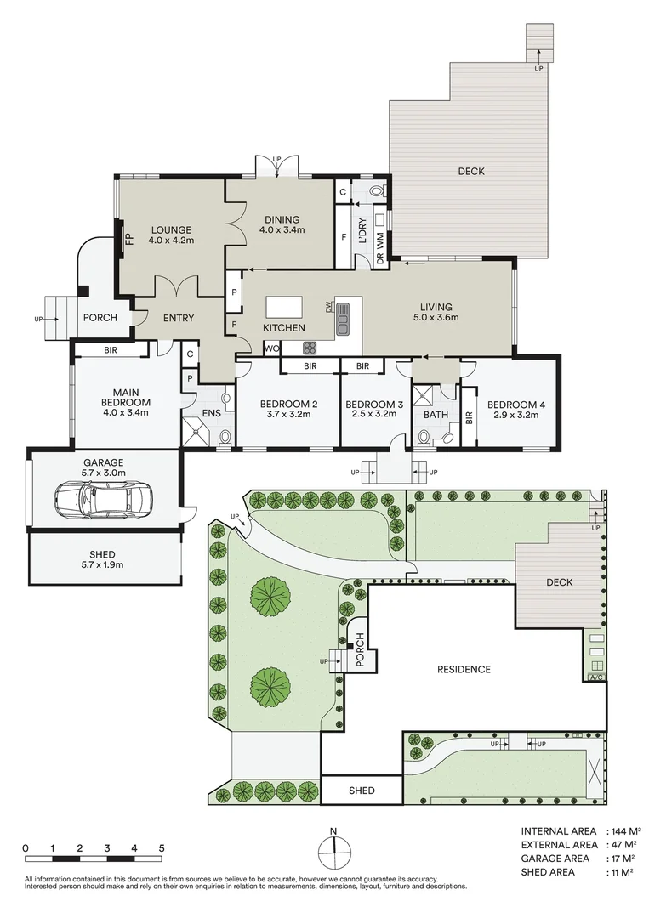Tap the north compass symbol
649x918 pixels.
point(334,849)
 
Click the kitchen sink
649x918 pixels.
point(343,318)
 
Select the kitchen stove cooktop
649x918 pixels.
point(310,347)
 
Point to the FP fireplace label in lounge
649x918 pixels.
point(129,239)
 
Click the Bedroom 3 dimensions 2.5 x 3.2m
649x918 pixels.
point(374,414)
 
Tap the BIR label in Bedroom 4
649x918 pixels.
point(469,417)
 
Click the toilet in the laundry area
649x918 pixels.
point(378,191)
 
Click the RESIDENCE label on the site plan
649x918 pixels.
point(464,669)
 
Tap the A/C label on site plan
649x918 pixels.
point(595,678)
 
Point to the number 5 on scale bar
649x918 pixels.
point(161,848)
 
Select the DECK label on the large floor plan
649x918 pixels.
point(470,171)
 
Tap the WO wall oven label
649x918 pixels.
point(273,348)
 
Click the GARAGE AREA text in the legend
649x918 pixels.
point(555,858)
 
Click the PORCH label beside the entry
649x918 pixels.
point(100,318)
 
